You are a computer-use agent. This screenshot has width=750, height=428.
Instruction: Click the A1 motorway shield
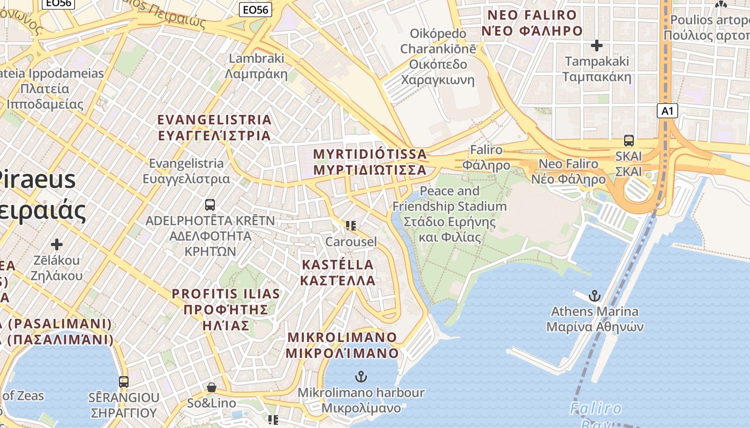tap(667, 111)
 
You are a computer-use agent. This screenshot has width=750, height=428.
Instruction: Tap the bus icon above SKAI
tap(628, 141)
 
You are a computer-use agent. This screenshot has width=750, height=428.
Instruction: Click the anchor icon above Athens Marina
tap(594, 295)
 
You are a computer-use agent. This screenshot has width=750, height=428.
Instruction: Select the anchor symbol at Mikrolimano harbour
tap(361, 377)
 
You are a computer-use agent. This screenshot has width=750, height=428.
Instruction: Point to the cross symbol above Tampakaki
tap(596, 45)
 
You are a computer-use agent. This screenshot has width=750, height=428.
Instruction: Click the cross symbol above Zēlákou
tap(57, 244)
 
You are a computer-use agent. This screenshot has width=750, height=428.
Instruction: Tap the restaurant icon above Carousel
tap(351, 226)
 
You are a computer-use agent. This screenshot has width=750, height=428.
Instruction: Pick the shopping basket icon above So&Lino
tap(212, 387)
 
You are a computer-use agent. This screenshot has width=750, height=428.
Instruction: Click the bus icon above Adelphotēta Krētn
tap(210, 204)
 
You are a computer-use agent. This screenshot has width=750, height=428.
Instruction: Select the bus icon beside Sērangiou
tap(124, 382)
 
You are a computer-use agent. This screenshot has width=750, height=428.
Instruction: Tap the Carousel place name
tap(351, 242)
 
